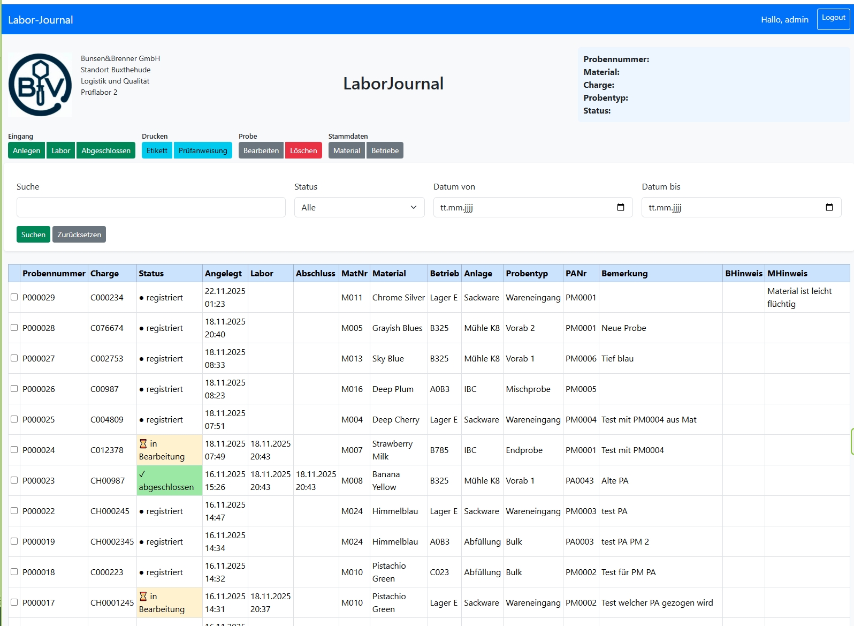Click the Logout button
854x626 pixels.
(x=833, y=19)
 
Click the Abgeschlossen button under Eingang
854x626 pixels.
(x=106, y=150)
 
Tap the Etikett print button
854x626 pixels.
(x=157, y=150)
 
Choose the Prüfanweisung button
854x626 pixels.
(x=203, y=150)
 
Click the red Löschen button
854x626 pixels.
(x=303, y=150)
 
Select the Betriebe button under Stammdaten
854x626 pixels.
(x=385, y=150)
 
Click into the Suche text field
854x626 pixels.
(x=151, y=207)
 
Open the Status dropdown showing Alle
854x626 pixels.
(x=359, y=207)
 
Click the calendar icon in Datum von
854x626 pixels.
(x=621, y=207)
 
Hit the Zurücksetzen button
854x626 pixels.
(x=79, y=235)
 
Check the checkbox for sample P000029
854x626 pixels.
(x=14, y=297)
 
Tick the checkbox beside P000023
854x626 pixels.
(x=14, y=480)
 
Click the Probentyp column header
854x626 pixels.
(x=527, y=273)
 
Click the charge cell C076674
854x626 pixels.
(x=107, y=328)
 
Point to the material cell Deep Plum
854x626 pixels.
(x=393, y=389)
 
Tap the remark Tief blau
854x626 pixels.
(x=617, y=358)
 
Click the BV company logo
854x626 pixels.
(x=40, y=85)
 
